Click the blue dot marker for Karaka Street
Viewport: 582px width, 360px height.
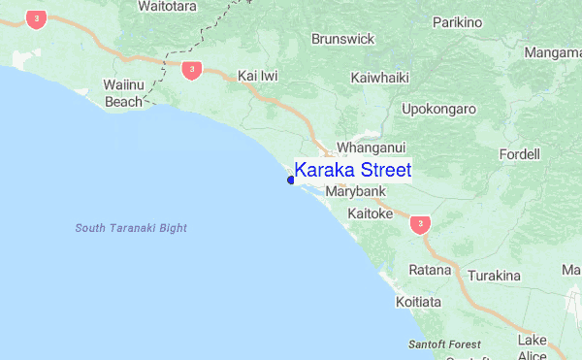[x=291, y=179]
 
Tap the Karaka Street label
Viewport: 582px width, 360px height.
[x=352, y=171]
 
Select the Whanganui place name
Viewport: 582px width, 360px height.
[x=367, y=148]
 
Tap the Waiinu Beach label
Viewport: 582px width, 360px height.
[x=124, y=93]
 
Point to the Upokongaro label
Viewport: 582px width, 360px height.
[x=438, y=109]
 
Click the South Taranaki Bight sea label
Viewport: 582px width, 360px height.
[x=131, y=228]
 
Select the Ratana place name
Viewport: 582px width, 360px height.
[x=430, y=269]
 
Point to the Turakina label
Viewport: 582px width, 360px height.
[x=494, y=277]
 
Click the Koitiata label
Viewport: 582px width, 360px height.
[x=419, y=303]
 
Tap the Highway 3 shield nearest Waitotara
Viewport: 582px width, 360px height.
[x=36, y=18]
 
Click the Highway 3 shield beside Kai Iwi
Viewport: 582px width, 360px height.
[x=191, y=69]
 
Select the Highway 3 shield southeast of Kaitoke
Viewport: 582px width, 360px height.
[x=419, y=225]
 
